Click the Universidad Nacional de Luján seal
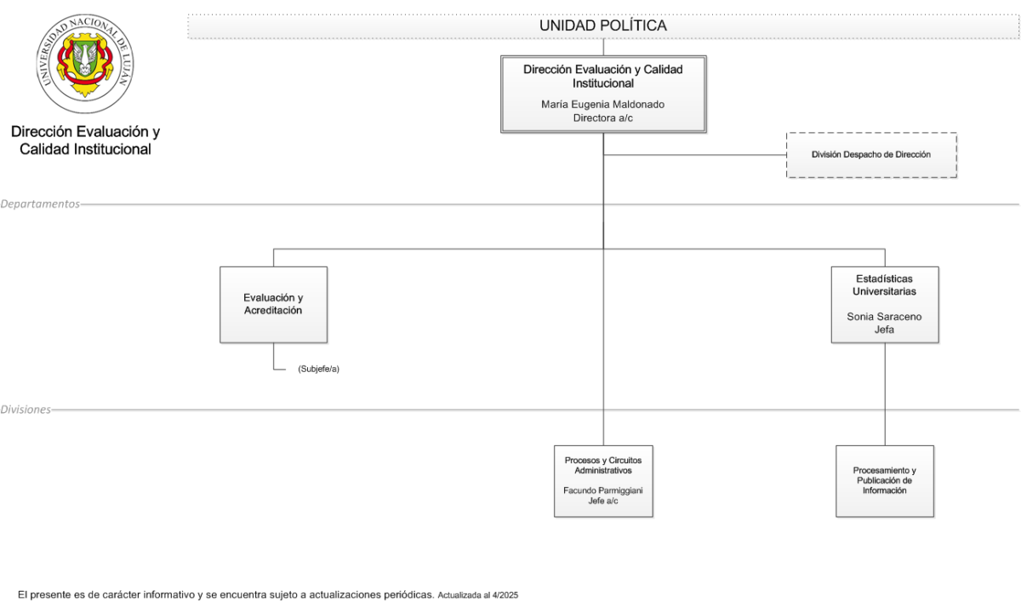(x=85, y=63)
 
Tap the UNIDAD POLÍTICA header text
(x=603, y=26)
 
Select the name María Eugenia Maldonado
(x=602, y=105)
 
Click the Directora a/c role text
(x=602, y=118)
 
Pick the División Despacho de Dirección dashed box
(x=871, y=155)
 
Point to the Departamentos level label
(x=40, y=204)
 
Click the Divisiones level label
(x=26, y=410)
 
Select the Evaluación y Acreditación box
(x=273, y=305)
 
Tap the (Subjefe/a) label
(x=318, y=369)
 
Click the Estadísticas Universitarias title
(x=884, y=285)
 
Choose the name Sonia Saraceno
(x=884, y=317)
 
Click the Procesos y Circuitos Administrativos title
(x=603, y=465)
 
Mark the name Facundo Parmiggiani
(x=603, y=490)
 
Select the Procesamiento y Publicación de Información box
(x=885, y=481)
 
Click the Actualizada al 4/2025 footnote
(x=477, y=595)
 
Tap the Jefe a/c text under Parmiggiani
(x=603, y=501)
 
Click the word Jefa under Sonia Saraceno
(x=884, y=330)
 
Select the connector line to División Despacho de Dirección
(x=695, y=155)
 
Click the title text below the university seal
(x=85, y=140)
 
